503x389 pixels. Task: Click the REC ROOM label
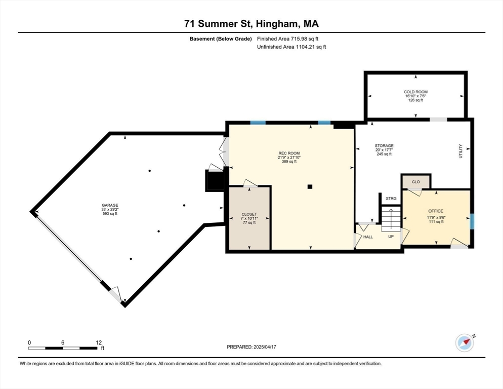point(289,153)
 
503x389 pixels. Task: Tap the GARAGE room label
point(110,205)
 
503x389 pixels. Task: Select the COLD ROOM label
point(416,92)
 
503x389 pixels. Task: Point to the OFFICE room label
point(436,211)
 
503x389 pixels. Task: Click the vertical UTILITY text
point(460,151)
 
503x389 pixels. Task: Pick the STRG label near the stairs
point(391,199)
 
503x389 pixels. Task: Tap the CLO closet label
point(416,182)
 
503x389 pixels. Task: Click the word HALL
point(368,237)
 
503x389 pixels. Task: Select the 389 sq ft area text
point(289,162)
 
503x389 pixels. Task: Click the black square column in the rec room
point(310,186)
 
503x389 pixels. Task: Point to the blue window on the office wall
point(472,222)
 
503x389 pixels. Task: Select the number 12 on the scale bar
point(99,343)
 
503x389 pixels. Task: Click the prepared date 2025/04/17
point(265,347)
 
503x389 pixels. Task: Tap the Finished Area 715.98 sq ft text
point(288,39)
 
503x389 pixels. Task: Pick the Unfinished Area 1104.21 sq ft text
point(291,47)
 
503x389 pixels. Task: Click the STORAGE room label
point(384,146)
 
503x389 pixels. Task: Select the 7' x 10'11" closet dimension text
point(249,218)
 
